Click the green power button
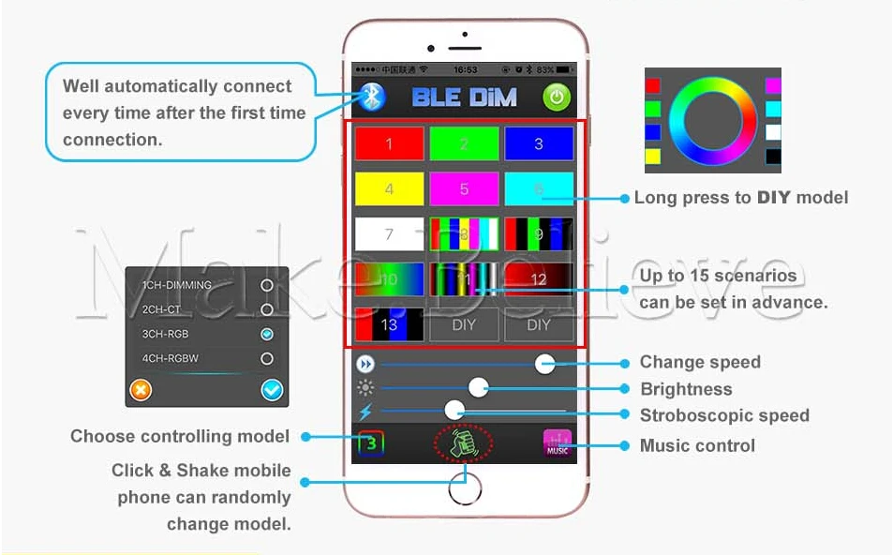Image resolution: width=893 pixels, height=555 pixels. click(557, 97)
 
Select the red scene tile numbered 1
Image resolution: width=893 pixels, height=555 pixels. click(389, 144)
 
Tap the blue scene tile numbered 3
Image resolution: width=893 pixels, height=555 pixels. click(539, 144)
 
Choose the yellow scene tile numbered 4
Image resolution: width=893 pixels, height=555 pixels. click(389, 189)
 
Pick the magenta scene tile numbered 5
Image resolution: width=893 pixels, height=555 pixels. click(464, 189)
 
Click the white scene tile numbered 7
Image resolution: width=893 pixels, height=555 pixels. click(389, 234)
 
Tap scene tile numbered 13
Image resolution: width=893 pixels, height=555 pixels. click(389, 324)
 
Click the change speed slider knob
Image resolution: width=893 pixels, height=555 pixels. click(545, 364)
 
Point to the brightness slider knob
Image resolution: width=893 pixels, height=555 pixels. click(479, 387)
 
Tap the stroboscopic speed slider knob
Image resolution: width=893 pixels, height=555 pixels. click(454, 410)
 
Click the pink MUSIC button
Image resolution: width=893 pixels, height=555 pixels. click(558, 442)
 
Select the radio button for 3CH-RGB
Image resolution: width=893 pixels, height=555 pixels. click(267, 334)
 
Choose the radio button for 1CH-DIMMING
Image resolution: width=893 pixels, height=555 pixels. click(267, 285)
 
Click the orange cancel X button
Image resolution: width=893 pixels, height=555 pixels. click(141, 389)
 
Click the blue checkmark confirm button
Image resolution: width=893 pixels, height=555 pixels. click(273, 390)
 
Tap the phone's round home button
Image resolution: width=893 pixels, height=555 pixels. click(465, 487)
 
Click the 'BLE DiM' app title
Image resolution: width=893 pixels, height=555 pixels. click(465, 97)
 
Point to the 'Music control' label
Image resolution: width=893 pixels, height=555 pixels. click(697, 445)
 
